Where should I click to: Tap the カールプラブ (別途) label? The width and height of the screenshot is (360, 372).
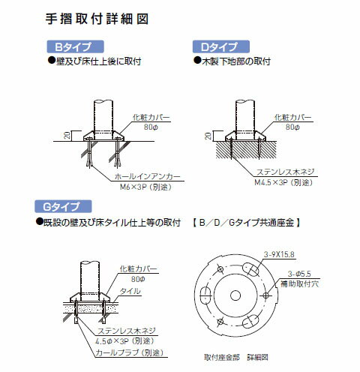click(x=132, y=350)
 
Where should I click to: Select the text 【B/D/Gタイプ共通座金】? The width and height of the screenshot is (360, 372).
click(x=247, y=223)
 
